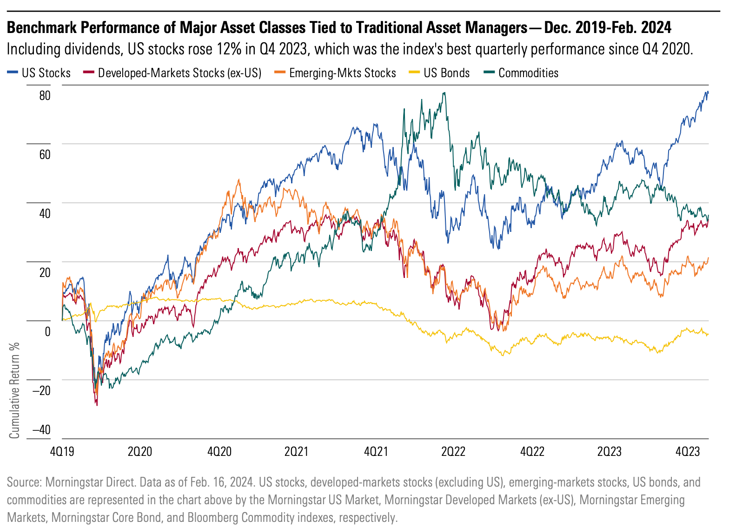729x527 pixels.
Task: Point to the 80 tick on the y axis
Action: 45,96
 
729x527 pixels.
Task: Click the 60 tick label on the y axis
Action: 45,155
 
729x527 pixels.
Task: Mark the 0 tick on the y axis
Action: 47,332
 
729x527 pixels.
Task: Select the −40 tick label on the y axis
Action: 42,430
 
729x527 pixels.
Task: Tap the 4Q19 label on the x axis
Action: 62,452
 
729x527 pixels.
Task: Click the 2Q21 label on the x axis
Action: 296,452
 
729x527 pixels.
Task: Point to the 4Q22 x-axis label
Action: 532,452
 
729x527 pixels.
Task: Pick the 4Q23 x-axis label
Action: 688,452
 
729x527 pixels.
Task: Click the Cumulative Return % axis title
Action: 15,390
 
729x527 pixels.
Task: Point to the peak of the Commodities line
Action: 444,92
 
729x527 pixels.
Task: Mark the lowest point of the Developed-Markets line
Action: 97,405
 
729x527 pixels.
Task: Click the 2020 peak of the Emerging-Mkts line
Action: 239,180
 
